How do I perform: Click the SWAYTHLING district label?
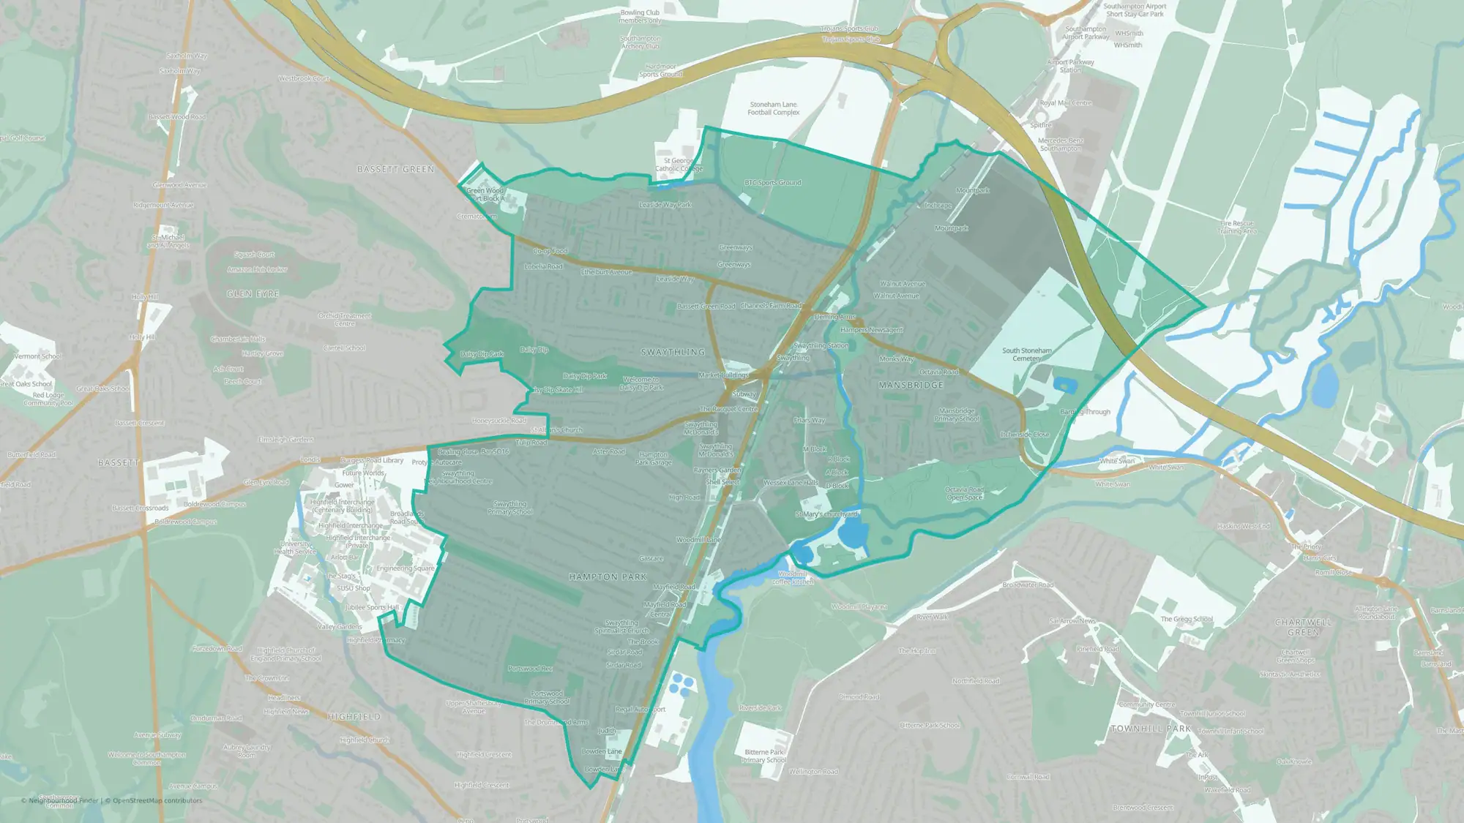[x=673, y=353]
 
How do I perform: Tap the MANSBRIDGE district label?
[x=911, y=385]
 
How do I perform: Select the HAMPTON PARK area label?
[x=608, y=577]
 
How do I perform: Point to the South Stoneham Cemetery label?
[x=1026, y=355]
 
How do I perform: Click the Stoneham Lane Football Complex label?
[x=773, y=109]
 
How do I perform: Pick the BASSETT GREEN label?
[x=395, y=170]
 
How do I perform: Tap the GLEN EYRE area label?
[x=253, y=294]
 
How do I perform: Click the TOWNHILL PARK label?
[x=1151, y=729]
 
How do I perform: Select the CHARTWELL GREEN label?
[x=1303, y=627]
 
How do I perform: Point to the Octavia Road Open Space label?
[x=964, y=494]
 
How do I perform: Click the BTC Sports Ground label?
[x=772, y=183]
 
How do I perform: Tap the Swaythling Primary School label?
[x=509, y=508]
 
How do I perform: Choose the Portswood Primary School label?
[x=546, y=697]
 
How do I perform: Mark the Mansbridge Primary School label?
[x=956, y=415]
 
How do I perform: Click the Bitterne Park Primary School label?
[x=763, y=756]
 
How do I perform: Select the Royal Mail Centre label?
[x=1065, y=103]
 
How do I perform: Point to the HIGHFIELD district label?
[x=354, y=717]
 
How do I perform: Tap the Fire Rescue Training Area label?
[x=1237, y=228]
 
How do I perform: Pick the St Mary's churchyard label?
[x=826, y=515]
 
